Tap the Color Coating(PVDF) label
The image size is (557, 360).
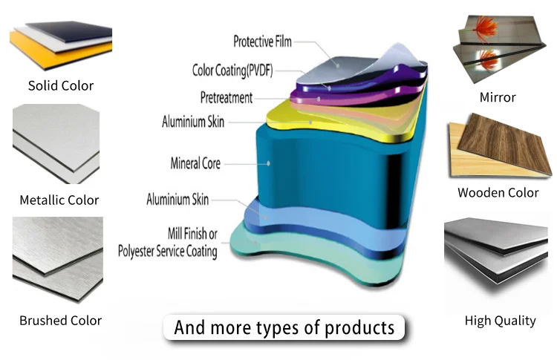point(233,71)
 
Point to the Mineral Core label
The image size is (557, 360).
point(195,163)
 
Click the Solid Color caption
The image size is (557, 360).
point(61,85)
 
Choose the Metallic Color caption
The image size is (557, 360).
point(59,200)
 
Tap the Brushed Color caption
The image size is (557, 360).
point(60,321)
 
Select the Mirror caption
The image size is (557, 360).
point(498,97)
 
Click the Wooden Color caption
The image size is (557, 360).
point(498,193)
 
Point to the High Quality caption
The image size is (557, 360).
point(500,321)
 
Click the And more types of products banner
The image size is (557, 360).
point(284,327)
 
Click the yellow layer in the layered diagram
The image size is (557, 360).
point(312,122)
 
